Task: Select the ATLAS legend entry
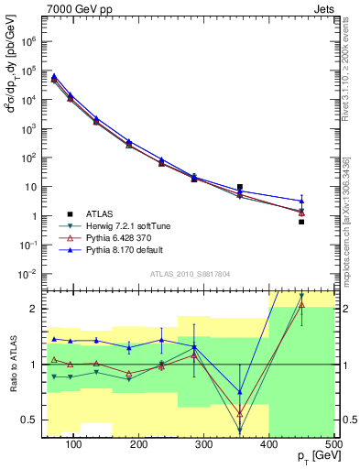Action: coord(100,213)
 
